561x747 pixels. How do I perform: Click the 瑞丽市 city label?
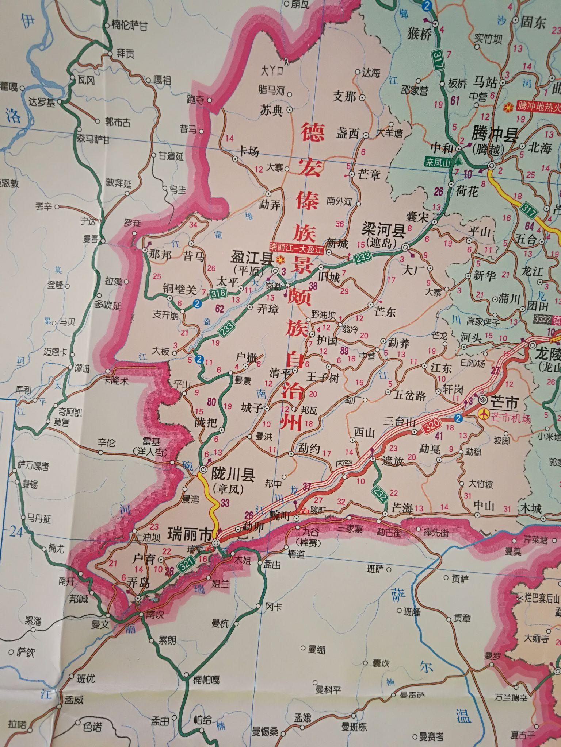(x=189, y=535)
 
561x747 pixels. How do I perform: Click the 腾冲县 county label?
(x=495, y=136)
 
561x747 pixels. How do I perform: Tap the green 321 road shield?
(x=185, y=565)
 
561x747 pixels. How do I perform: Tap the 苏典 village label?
(x=271, y=110)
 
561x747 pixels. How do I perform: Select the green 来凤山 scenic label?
(x=438, y=162)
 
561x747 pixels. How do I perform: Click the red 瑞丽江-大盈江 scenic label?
(x=296, y=250)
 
